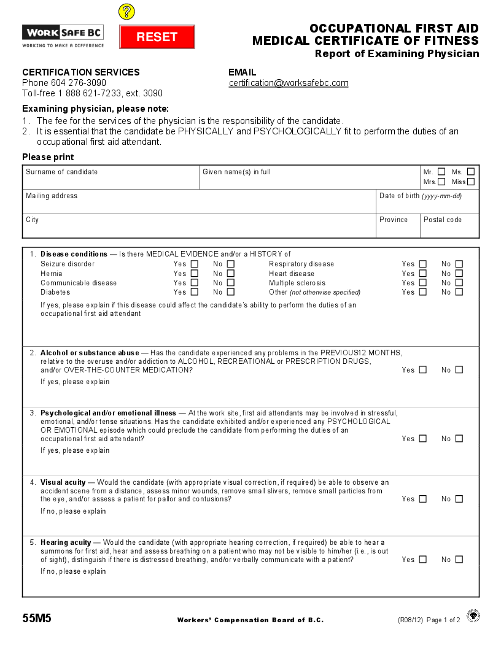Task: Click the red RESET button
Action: [x=157, y=37]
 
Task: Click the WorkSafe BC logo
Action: [x=63, y=36]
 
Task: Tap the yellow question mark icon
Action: [x=126, y=12]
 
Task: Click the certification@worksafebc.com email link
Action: [x=289, y=83]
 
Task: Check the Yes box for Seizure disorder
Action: [x=195, y=264]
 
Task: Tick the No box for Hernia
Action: [x=231, y=274]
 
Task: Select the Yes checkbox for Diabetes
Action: [x=195, y=292]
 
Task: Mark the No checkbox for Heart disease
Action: [x=459, y=274]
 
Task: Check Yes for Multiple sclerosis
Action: [x=423, y=283]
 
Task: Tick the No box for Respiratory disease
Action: [x=459, y=264]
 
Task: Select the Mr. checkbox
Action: [x=441, y=172]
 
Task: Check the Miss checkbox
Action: [x=471, y=182]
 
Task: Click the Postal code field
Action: [x=449, y=229]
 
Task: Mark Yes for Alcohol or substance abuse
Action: [x=423, y=370]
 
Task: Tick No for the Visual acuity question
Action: [x=459, y=499]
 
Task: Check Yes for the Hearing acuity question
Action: [x=423, y=560]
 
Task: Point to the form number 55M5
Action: [x=37, y=619]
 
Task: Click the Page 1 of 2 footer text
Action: [x=443, y=620]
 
